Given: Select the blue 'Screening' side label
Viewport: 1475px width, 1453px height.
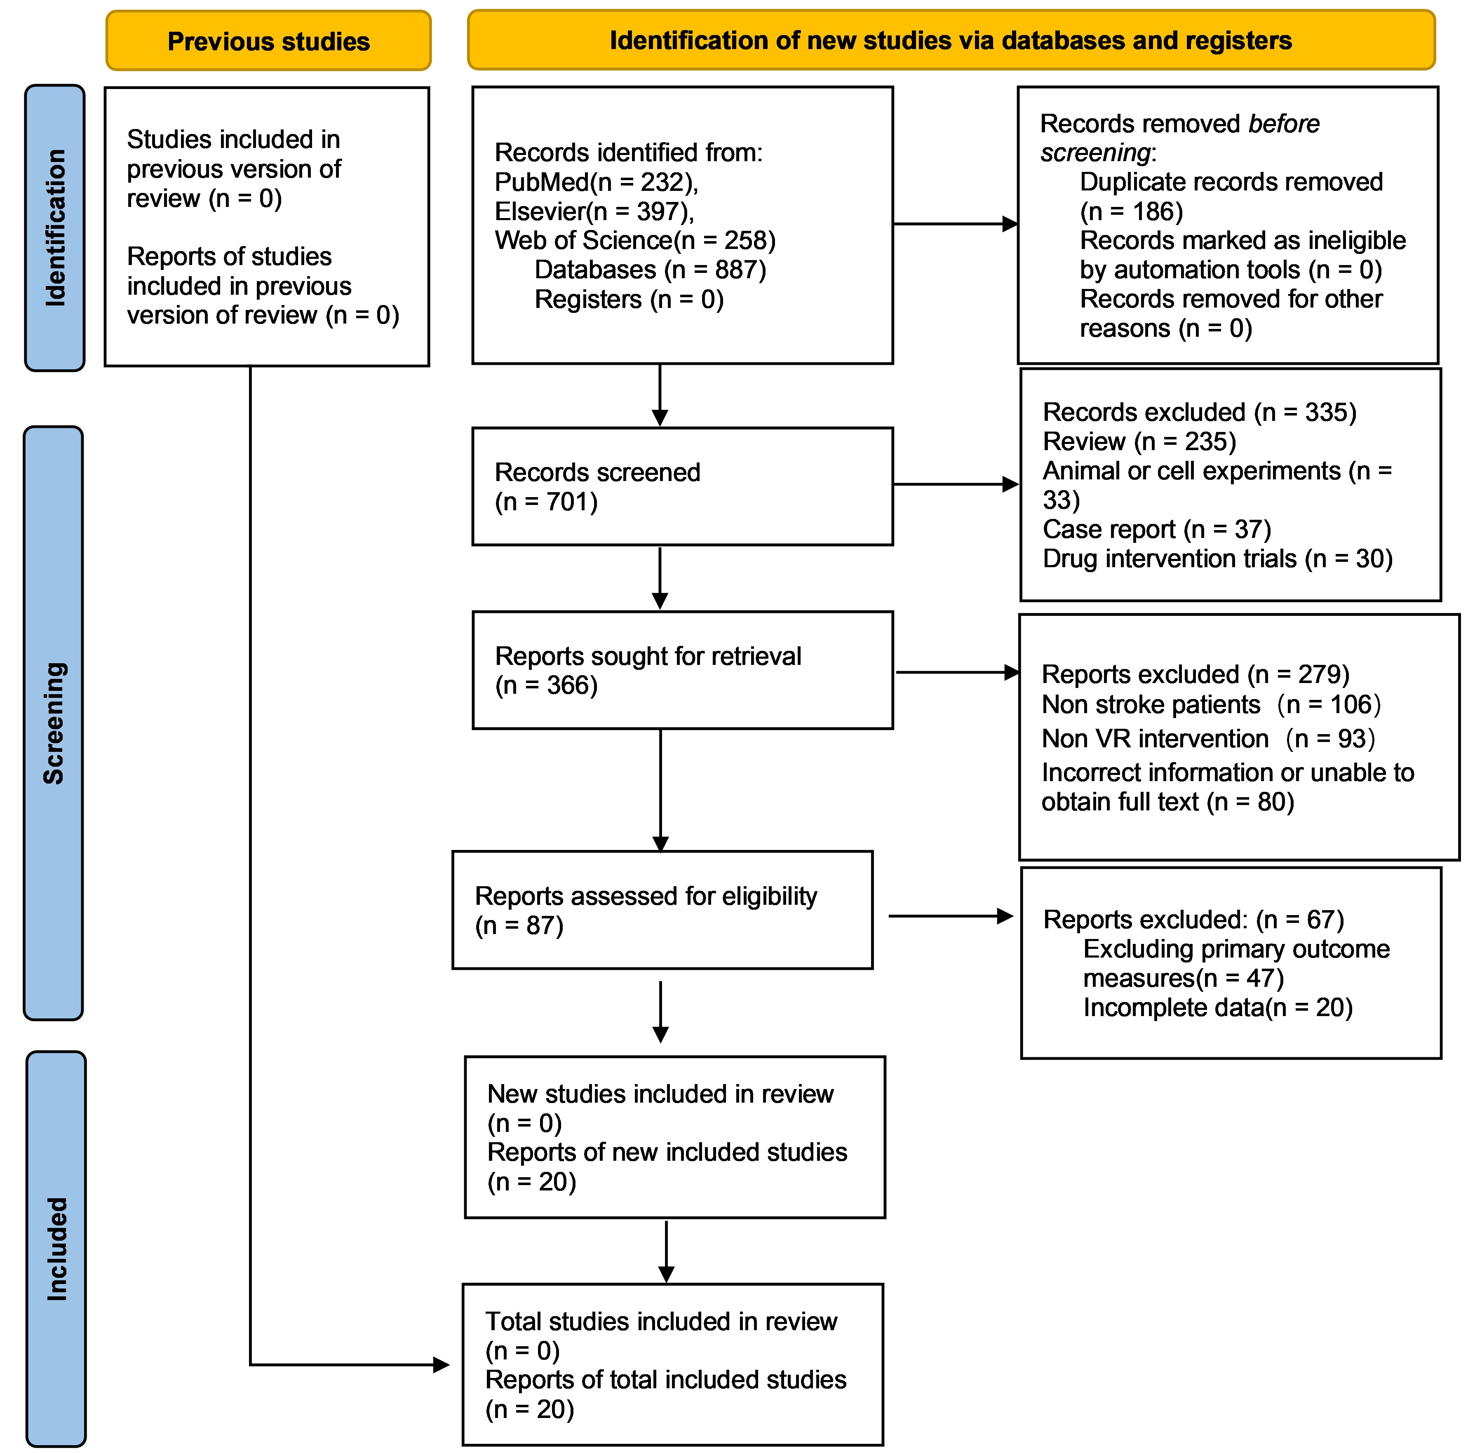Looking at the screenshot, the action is (x=54, y=723).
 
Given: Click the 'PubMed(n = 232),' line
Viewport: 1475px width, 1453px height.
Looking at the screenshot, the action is (x=597, y=182).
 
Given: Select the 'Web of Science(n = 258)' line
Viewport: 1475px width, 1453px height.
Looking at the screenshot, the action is (x=635, y=240).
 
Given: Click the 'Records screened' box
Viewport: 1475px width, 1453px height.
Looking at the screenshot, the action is (x=682, y=486).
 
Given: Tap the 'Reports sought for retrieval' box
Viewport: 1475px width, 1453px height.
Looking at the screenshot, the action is (x=682, y=670).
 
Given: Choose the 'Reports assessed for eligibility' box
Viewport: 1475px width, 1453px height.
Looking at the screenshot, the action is (x=662, y=910).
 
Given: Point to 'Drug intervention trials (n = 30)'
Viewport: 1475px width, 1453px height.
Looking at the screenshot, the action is (x=1218, y=559).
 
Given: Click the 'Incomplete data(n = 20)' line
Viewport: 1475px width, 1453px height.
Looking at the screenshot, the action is (x=1218, y=1007).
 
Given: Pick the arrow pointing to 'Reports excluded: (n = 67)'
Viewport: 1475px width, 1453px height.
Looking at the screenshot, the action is (x=951, y=916).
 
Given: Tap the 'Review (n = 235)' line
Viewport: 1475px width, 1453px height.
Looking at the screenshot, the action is (x=1139, y=441).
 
